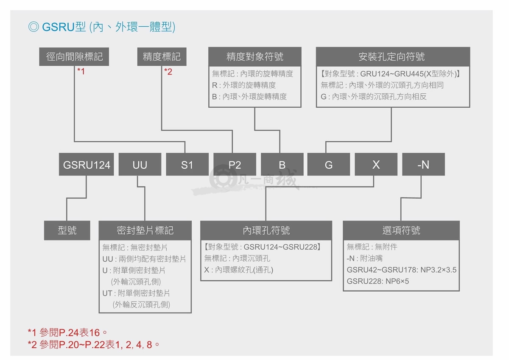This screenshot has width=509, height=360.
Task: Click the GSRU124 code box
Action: (x=87, y=165)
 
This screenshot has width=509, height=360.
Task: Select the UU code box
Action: (x=140, y=165)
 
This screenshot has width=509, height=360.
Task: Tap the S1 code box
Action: (x=187, y=165)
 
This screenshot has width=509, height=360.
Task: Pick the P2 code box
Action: (x=235, y=165)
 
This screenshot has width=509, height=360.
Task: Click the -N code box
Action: (x=424, y=165)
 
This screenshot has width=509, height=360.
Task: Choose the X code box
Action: (x=376, y=165)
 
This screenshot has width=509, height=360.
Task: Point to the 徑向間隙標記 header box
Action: (x=74, y=56)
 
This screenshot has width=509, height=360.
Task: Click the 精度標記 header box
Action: (x=162, y=56)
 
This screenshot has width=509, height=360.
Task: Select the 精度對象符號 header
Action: (x=255, y=56)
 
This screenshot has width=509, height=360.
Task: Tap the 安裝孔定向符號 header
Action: (x=393, y=56)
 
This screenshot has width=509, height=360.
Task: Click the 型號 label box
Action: (x=67, y=230)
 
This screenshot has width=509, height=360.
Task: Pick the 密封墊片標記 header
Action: (x=145, y=230)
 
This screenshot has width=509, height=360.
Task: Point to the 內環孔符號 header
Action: (x=266, y=230)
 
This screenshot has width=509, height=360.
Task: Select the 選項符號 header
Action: (x=401, y=230)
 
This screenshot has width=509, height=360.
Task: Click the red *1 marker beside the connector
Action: (x=81, y=71)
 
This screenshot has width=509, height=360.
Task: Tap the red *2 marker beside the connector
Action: (x=168, y=72)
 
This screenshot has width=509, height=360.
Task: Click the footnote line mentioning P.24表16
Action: (x=67, y=333)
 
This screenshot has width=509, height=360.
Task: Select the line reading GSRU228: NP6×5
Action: (x=378, y=282)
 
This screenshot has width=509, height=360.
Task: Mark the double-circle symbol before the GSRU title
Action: (x=34, y=27)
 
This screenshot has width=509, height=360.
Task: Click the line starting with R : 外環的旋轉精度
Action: (x=244, y=85)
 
